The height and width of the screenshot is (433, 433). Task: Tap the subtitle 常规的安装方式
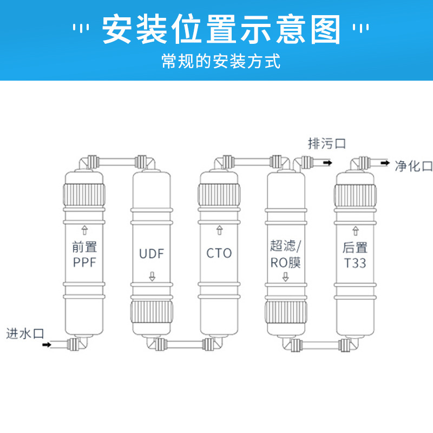coord(221,61)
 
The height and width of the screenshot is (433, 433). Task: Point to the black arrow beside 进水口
coord(47,344)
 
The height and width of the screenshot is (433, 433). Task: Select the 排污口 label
coord(326,143)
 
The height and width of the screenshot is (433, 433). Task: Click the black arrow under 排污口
coord(328,161)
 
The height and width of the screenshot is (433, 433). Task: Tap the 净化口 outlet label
coord(414,166)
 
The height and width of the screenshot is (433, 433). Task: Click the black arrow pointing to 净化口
coord(385,162)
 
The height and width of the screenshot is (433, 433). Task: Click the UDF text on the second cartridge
coord(152,253)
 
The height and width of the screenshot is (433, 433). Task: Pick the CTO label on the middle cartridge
coord(219,253)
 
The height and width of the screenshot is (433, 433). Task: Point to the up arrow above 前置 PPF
coord(84,230)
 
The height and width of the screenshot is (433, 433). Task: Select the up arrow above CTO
coord(219,230)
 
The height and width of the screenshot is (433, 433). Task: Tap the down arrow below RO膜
coord(286,278)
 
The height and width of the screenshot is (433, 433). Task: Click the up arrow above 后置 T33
coord(355,230)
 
